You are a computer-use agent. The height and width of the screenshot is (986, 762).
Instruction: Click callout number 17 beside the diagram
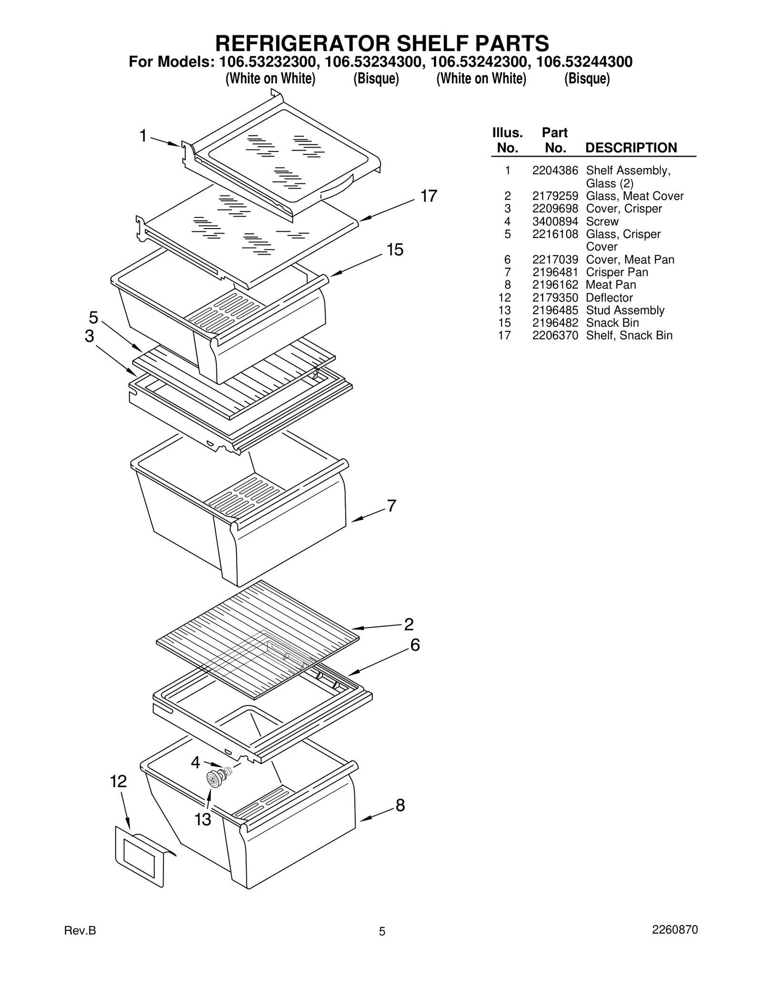coord(428,196)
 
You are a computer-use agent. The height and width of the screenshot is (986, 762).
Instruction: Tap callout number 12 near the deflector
coord(118,781)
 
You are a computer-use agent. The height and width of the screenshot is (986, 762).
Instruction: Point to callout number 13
coord(202,819)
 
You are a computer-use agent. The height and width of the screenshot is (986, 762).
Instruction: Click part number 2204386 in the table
coord(555,170)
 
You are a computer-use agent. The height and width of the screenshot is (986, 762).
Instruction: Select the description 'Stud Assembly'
coord(625,310)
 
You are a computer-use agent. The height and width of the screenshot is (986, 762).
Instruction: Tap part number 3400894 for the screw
coord(555,221)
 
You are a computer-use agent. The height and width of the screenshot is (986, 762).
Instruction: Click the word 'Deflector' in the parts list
coord(609,298)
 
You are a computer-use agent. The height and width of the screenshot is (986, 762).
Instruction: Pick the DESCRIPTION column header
coord(631,148)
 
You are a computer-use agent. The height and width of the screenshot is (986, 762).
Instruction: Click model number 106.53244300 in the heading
coord(584,62)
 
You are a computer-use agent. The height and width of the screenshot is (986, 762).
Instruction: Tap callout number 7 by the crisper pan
coord(391,506)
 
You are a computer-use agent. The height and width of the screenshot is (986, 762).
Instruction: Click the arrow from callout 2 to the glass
coord(376,627)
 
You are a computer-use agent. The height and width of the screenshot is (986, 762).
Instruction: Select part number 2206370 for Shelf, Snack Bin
coord(555,336)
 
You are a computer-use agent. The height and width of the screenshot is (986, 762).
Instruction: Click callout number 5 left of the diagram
coord(93,317)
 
